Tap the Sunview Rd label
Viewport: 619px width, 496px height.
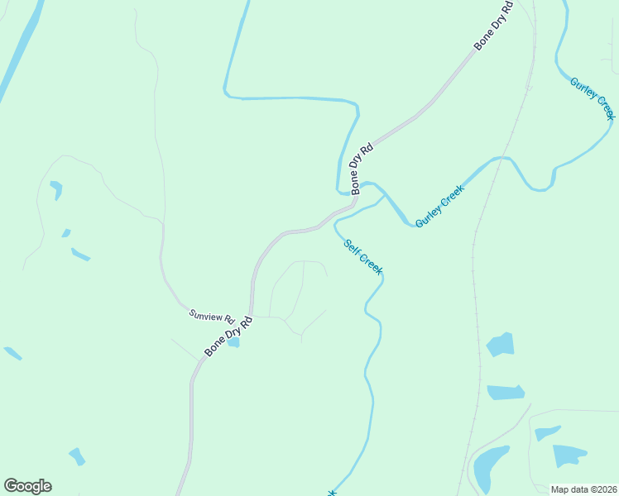coord(213,315)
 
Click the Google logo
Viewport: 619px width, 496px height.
coord(27,486)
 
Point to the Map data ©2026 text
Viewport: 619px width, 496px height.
coord(583,489)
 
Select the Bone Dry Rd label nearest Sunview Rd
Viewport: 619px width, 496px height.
coord(228,336)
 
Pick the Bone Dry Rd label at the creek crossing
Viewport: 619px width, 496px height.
coord(362,169)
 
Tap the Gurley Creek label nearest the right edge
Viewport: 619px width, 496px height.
coord(593,98)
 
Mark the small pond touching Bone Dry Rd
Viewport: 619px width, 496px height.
coord(233,342)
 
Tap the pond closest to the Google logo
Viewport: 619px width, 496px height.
coord(77,455)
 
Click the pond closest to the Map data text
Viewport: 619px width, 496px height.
coord(569,455)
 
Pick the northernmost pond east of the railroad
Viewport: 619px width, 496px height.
coord(501,344)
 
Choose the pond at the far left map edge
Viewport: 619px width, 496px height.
coord(12,353)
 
